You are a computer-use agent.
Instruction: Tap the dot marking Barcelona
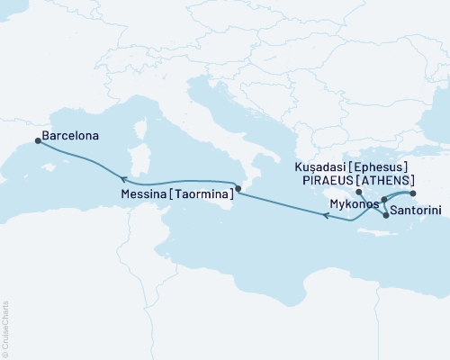pyautogui.click(x=37, y=140)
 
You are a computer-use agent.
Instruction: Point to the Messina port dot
pyautogui.click(x=238, y=189)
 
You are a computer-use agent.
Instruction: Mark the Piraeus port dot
pyautogui.click(x=358, y=192)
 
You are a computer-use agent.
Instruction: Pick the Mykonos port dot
pyautogui.click(x=384, y=200)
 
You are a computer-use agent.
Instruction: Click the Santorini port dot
pyautogui.click(x=385, y=215)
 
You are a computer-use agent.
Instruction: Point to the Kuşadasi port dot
pyautogui.click(x=413, y=193)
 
